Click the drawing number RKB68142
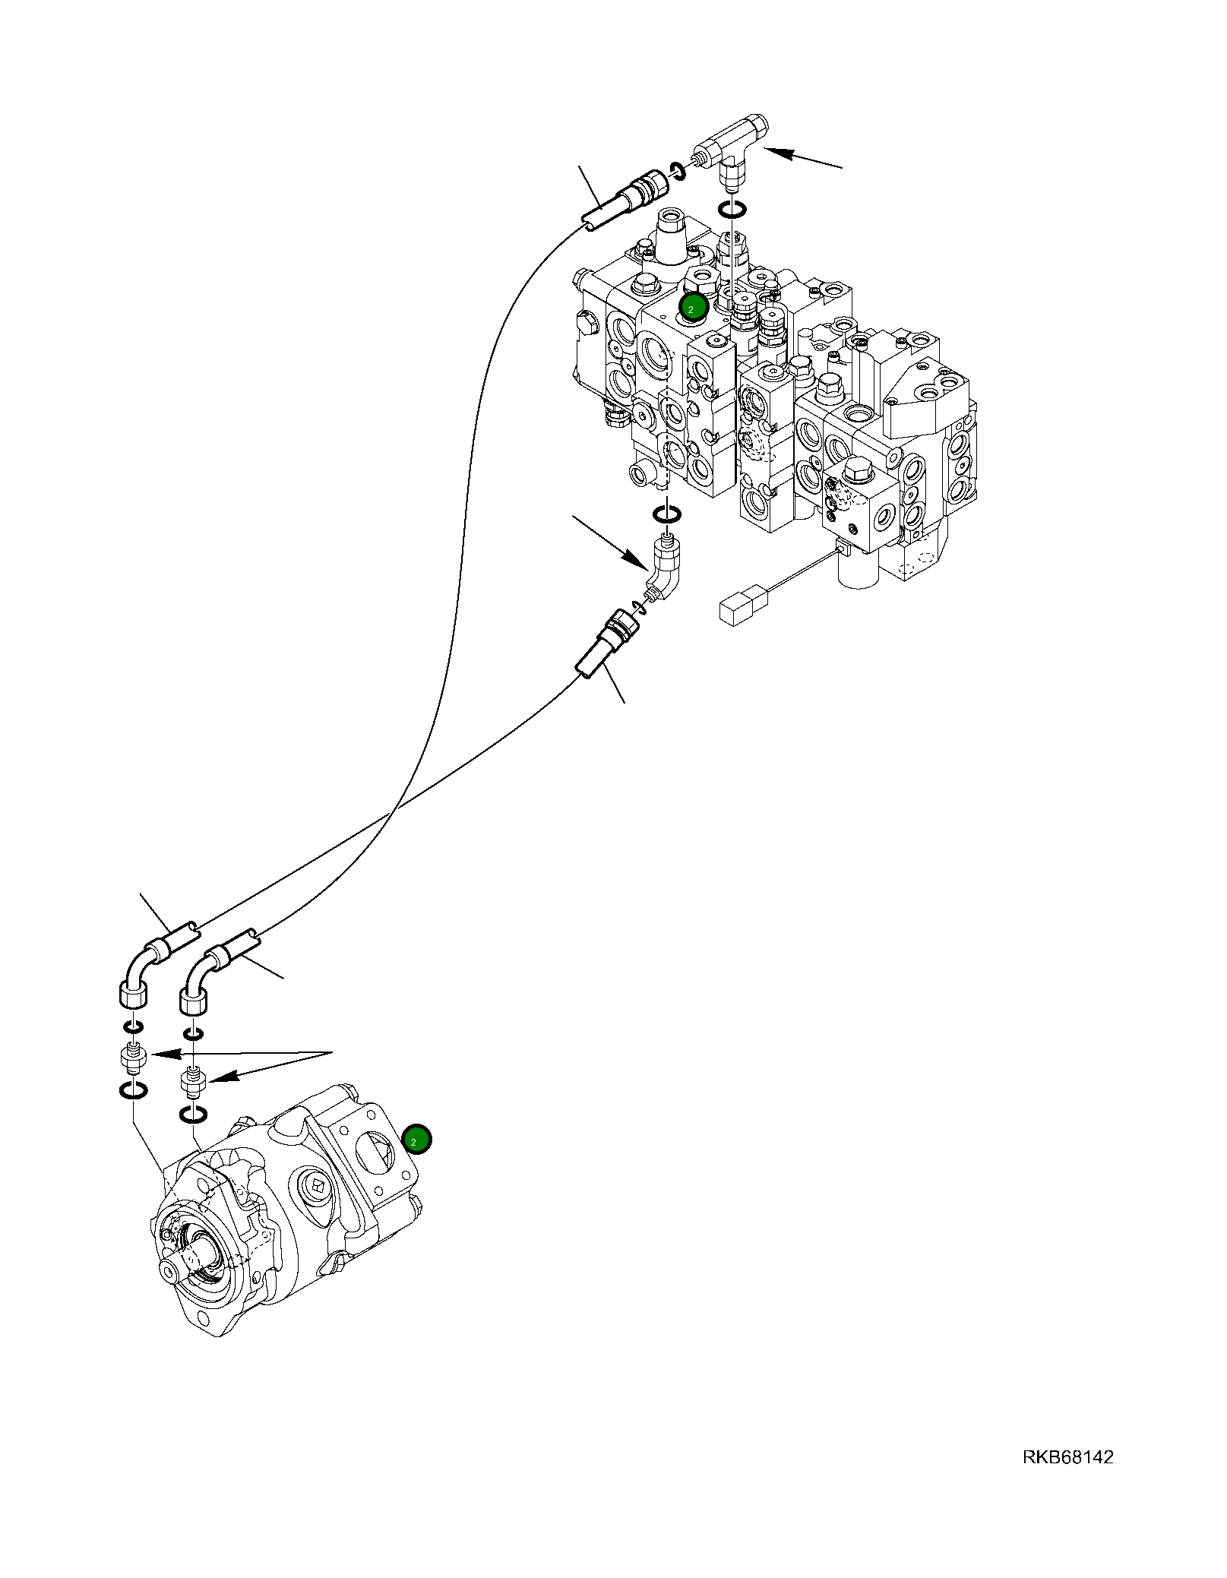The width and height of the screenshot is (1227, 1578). click(1067, 1457)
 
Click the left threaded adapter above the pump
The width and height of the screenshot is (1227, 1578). click(134, 1060)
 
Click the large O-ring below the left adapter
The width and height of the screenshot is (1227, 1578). click(134, 1091)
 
